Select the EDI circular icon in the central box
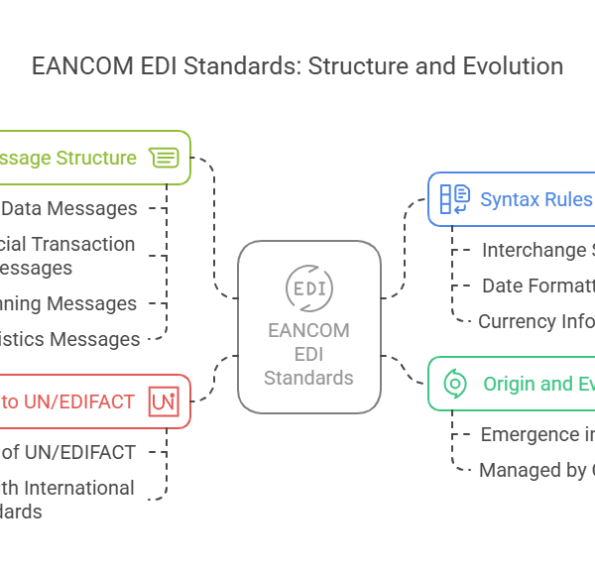coord(309,287)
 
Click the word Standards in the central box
coord(309,378)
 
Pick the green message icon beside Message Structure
coord(164,158)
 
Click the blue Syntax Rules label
coord(535,199)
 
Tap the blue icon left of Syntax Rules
coord(454,199)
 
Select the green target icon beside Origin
coord(455,384)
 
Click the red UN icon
coord(163,401)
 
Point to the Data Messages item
coord(69,208)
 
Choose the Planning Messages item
coord(69,303)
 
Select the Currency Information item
coord(535,321)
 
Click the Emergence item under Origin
coord(535,434)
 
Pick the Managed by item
coord(535,470)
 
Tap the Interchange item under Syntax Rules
coord(535,250)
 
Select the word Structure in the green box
coord(96,158)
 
